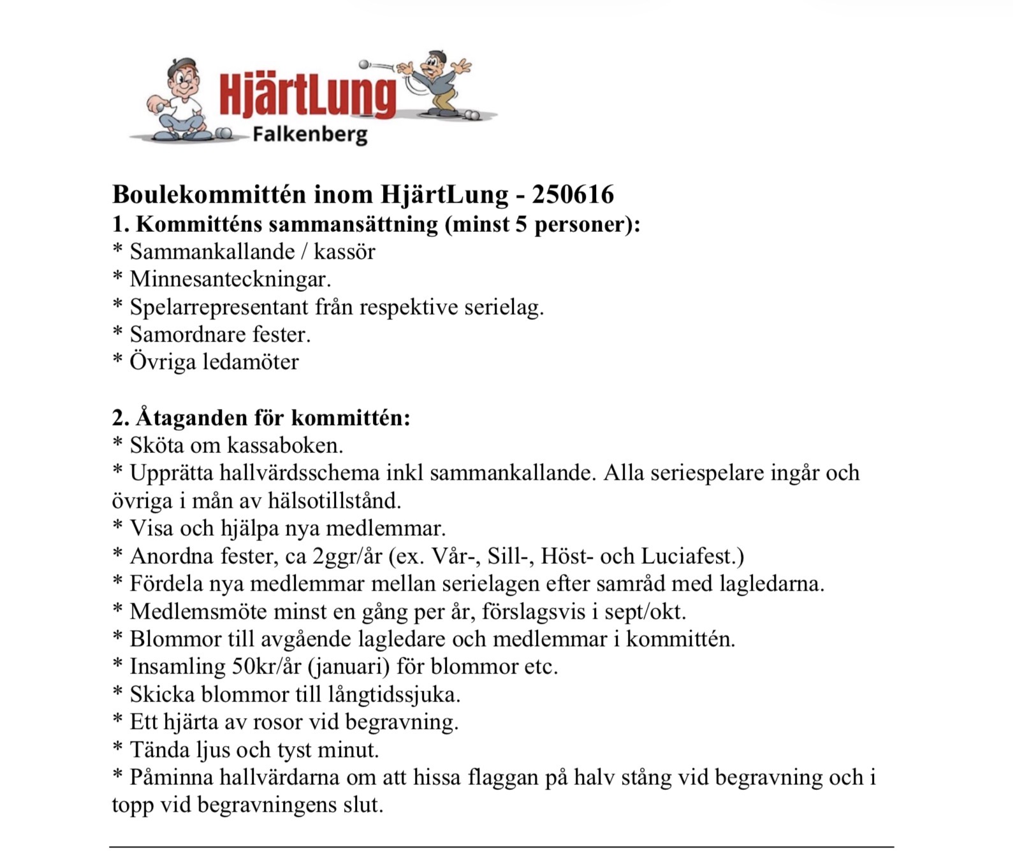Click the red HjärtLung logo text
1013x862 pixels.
(307, 96)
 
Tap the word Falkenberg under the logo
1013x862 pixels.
(310, 134)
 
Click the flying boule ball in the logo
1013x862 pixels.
(365, 64)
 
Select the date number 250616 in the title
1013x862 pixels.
(572, 195)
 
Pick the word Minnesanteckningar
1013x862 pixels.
(230, 279)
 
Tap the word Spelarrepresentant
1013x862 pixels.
(219, 307)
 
